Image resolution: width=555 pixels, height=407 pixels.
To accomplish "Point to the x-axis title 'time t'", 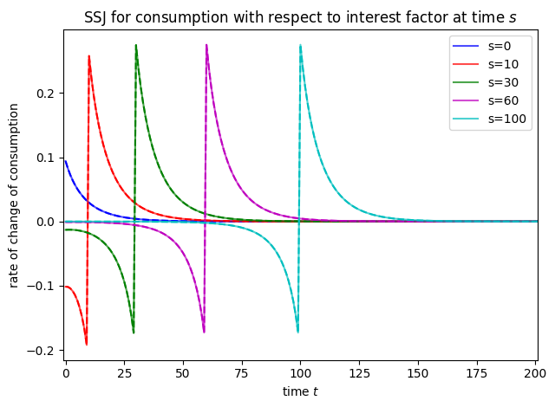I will click(300, 392).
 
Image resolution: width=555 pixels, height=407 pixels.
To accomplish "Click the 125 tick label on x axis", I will click(372, 378).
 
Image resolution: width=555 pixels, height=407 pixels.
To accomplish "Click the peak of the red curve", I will click(88, 56).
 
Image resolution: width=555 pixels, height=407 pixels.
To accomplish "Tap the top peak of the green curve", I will click(136, 45).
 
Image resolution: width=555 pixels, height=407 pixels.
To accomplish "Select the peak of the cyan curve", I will click(300, 45).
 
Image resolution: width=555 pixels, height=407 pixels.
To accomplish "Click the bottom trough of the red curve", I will click(87, 345).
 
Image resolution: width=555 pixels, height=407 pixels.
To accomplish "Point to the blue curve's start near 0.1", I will click(65, 160).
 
